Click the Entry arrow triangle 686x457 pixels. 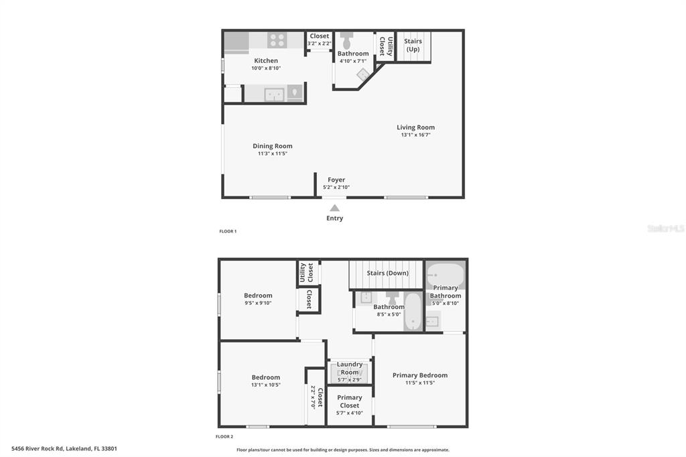pos(334,208)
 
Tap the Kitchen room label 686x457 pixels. pos(266,61)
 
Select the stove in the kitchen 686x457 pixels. pos(277,40)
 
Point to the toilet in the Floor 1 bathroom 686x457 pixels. pos(347,40)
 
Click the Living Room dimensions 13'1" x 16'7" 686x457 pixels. pos(415,135)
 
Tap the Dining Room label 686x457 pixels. pos(273,146)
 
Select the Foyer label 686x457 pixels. pos(336,180)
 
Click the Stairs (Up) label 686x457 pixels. pos(413,45)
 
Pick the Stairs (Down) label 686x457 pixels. pos(388,273)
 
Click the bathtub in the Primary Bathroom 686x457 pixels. pos(445,274)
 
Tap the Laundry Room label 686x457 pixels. pos(350,368)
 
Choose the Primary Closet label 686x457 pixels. pos(350,401)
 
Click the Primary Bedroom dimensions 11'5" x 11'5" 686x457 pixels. pos(420,383)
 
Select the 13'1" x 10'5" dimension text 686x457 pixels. pos(266,385)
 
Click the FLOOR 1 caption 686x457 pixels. pos(228,231)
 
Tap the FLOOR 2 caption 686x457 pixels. pos(224,436)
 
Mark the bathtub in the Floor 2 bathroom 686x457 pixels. pos(413,312)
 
